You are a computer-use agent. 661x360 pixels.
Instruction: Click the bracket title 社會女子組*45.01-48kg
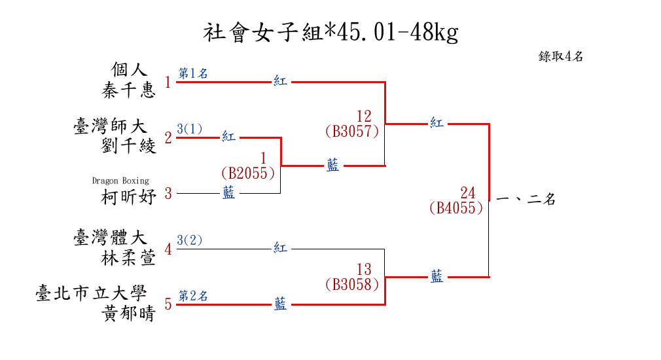pos(330,32)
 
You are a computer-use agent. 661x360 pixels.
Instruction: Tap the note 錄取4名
pos(561,56)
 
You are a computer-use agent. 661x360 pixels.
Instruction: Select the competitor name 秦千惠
pos(129,90)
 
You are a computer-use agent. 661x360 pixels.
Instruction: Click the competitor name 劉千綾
pos(129,145)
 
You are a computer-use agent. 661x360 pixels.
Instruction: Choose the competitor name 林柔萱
pos(129,258)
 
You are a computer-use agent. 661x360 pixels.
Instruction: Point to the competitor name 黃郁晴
pos(129,314)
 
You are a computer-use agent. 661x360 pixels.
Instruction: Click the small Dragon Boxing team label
pos(120,181)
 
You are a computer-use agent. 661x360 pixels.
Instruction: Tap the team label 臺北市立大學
pos(91,294)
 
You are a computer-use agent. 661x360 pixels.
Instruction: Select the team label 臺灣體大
pos(111,237)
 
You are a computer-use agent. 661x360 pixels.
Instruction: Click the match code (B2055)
pos(247,173)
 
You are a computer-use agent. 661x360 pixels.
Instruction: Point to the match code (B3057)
pos(351,131)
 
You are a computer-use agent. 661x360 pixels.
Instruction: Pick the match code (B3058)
pos(351,284)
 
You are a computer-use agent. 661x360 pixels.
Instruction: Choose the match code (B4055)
pos(456,208)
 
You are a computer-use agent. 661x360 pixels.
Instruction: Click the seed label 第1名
pos(193,73)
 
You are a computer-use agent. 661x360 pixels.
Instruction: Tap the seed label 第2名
pos(193,296)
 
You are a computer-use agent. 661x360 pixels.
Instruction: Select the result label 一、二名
pos(526,200)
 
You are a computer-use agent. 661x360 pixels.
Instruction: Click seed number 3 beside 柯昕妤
pos(168,193)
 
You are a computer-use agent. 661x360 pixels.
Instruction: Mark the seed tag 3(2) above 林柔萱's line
pos(190,240)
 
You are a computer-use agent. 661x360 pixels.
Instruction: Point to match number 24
pos(467,193)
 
